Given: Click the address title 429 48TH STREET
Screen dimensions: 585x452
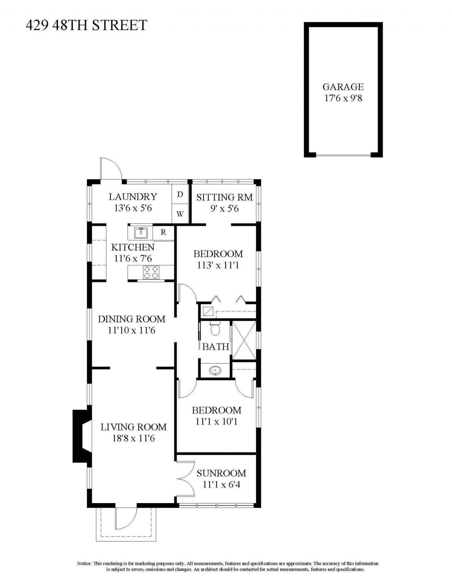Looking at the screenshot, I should pyautogui.click(x=86, y=25).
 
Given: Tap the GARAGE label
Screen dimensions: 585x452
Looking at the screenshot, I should pyautogui.click(x=343, y=87).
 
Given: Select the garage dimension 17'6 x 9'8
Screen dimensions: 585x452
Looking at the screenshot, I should pyautogui.click(x=343, y=98).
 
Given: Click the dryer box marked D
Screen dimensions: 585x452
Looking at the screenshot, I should pyautogui.click(x=180, y=194).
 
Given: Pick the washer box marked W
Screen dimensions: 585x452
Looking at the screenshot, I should pyautogui.click(x=180, y=214).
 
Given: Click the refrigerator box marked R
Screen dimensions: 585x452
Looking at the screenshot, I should pyautogui.click(x=163, y=232).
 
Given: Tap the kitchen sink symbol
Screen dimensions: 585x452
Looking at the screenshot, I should pyautogui.click(x=141, y=233).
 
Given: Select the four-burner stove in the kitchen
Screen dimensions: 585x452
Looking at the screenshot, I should pyautogui.click(x=151, y=273).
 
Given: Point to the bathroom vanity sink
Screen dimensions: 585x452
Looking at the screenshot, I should pyautogui.click(x=215, y=371).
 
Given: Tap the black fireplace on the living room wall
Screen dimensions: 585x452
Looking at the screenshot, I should pyautogui.click(x=80, y=436).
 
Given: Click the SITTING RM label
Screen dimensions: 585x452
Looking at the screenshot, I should pyautogui.click(x=225, y=197).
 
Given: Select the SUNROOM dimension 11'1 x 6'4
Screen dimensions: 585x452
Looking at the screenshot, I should pyautogui.click(x=221, y=484).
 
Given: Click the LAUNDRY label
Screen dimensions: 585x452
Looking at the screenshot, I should pyautogui.click(x=133, y=197).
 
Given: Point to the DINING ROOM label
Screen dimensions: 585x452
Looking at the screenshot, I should pyautogui.click(x=131, y=319).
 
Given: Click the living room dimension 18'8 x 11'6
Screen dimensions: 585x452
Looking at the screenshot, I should pyautogui.click(x=133, y=438).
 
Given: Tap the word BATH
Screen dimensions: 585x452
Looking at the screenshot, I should pyautogui.click(x=215, y=347).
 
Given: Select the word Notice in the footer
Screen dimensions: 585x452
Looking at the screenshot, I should pyautogui.click(x=84, y=563).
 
